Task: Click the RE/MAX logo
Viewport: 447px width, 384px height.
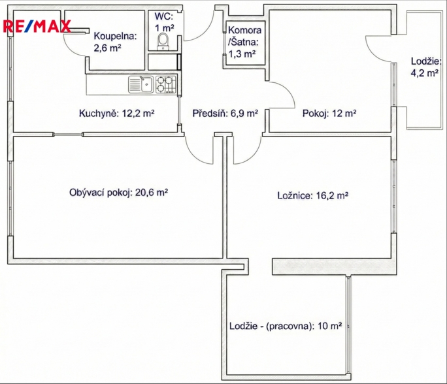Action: coord(37,26)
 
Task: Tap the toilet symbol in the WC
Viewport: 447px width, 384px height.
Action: coord(163,41)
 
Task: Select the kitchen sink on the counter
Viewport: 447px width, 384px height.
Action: coord(141,85)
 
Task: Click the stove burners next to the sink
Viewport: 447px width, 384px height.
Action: coord(165,85)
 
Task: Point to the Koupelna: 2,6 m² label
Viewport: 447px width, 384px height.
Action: coord(115,42)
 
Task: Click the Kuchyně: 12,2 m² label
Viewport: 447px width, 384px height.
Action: coord(116,114)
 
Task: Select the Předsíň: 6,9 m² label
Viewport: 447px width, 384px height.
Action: coord(225,114)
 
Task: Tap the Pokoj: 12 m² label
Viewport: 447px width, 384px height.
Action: coord(329,114)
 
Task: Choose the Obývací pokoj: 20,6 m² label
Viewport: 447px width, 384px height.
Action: coord(118,193)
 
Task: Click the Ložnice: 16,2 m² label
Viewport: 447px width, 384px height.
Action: coord(313,195)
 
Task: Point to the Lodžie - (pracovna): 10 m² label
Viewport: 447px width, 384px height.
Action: coord(286,326)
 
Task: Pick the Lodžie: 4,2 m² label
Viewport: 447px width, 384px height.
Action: coord(425,67)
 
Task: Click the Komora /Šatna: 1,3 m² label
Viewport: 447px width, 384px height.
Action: coord(244,42)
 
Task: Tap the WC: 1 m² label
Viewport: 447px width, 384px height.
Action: coord(164,22)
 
